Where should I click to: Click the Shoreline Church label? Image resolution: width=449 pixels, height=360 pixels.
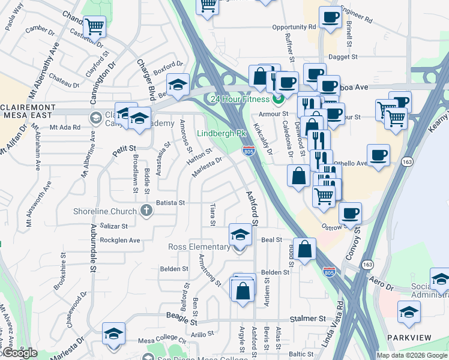(x=105, y=211)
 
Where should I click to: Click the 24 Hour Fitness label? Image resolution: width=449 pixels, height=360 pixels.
(x=239, y=98)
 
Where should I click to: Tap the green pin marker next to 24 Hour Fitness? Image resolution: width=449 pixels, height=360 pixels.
(x=277, y=98)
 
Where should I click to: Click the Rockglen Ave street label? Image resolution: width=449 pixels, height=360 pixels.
(x=119, y=241)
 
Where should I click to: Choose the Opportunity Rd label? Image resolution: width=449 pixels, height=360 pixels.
(x=294, y=27)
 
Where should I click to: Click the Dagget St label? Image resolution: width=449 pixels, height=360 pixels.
(x=344, y=58)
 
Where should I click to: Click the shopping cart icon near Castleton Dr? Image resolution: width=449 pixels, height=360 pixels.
(x=95, y=26)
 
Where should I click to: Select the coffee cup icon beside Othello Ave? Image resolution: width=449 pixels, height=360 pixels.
(x=378, y=155)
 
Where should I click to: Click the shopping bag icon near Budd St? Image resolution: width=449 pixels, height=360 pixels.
(x=305, y=249)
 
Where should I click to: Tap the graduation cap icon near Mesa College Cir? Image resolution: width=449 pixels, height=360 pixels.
(x=113, y=334)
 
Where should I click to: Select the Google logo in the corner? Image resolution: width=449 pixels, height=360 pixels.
(x=20, y=353)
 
